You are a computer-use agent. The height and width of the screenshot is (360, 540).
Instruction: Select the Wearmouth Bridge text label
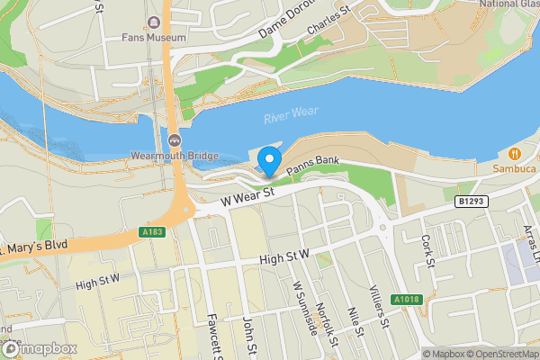coord(174,155)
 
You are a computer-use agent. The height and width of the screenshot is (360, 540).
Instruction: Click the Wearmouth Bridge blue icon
coord(174,139)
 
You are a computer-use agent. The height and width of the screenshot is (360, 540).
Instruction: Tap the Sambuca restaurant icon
coord(514,152)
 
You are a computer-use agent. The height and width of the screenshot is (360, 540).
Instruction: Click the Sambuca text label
coord(514,168)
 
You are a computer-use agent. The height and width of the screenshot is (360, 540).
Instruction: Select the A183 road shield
coord(154,232)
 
